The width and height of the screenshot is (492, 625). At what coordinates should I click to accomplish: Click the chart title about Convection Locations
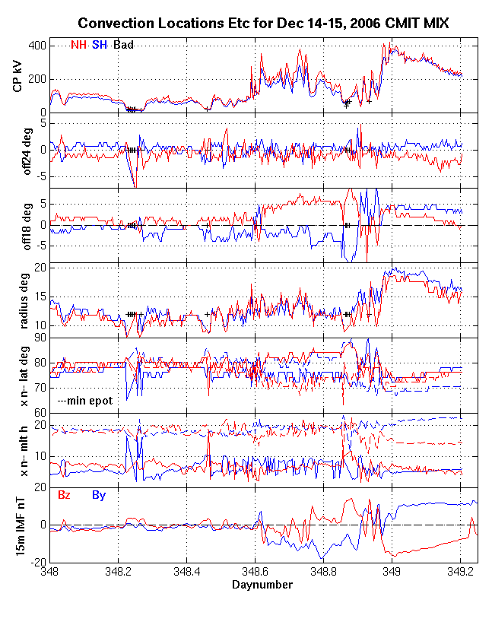263,24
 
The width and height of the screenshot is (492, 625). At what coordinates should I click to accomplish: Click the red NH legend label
78,45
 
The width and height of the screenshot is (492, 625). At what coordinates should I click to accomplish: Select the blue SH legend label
99,45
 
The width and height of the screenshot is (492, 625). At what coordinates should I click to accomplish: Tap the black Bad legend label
123,45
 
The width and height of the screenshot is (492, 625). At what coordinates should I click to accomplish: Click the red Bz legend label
65,495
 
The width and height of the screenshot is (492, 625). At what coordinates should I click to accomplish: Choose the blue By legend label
99,495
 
